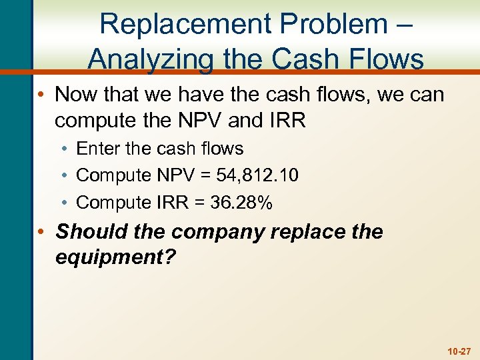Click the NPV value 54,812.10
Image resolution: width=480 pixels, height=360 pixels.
[257, 175]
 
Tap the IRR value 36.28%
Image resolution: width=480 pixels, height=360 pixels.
[241, 203]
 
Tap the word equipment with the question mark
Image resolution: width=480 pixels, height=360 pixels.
[113, 257]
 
